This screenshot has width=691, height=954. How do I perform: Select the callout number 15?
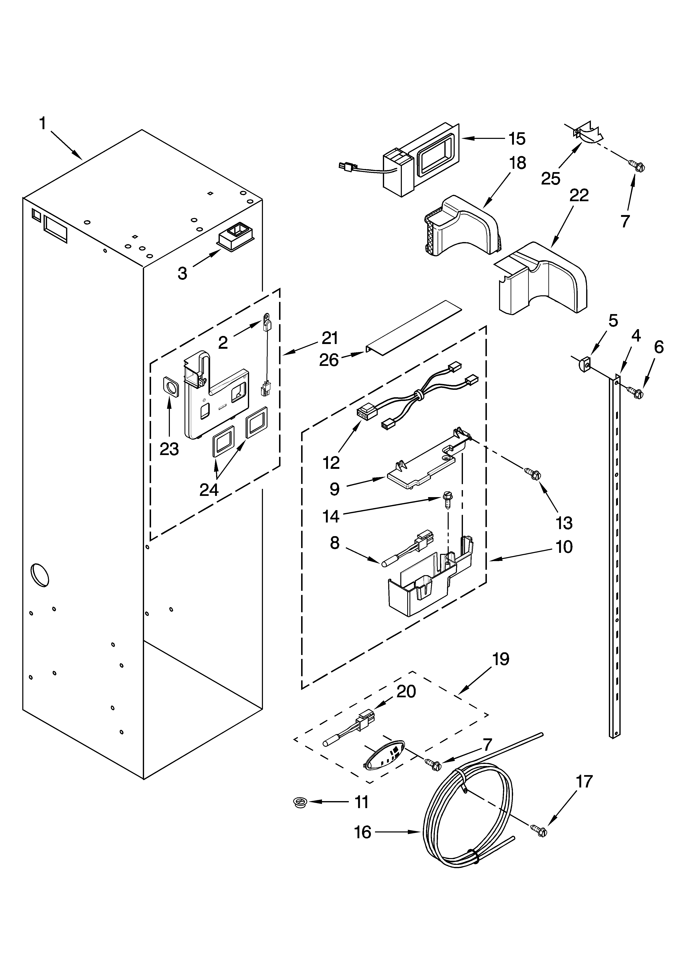pyautogui.click(x=517, y=139)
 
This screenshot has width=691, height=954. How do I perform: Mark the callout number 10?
pyautogui.click(x=564, y=547)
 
